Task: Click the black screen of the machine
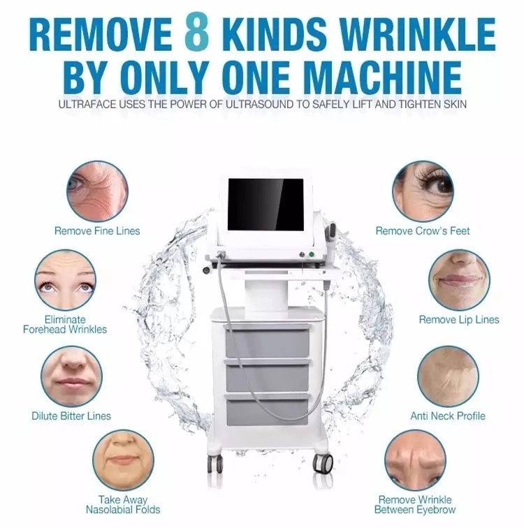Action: tap(266, 205)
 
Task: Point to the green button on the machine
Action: tap(312, 254)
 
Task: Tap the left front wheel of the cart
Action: tap(214, 464)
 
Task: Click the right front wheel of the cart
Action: tap(322, 463)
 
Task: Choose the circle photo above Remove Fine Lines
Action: tap(97, 191)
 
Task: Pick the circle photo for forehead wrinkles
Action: tap(65, 280)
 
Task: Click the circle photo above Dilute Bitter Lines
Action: tap(72, 376)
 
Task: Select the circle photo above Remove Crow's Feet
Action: tap(423, 191)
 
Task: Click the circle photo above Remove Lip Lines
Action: tap(459, 280)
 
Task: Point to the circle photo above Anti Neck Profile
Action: tap(448, 376)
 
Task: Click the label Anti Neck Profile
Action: tap(448, 416)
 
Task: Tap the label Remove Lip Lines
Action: tap(459, 320)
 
